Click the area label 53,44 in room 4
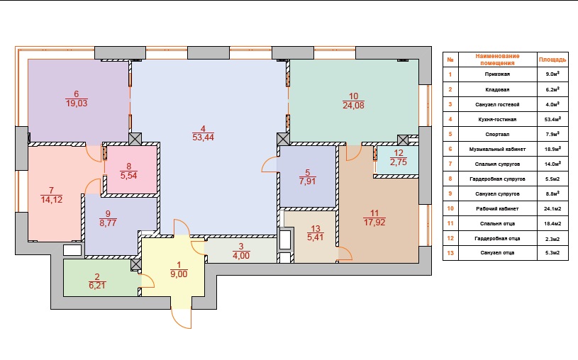(203, 137)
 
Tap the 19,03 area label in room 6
(77, 103)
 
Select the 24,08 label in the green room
(353, 106)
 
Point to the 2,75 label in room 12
(399, 162)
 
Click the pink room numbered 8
(132, 169)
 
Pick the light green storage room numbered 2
(101, 278)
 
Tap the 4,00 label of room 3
(241, 256)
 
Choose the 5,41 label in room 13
(316, 237)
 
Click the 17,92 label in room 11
(374, 223)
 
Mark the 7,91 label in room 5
(307, 181)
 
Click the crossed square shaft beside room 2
(136, 264)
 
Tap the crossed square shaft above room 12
(403, 140)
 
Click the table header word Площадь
(552, 60)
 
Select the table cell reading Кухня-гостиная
(497, 119)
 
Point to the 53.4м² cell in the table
(552, 119)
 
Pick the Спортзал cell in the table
(497, 134)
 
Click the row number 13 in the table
(450, 253)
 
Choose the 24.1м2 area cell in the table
(552, 208)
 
